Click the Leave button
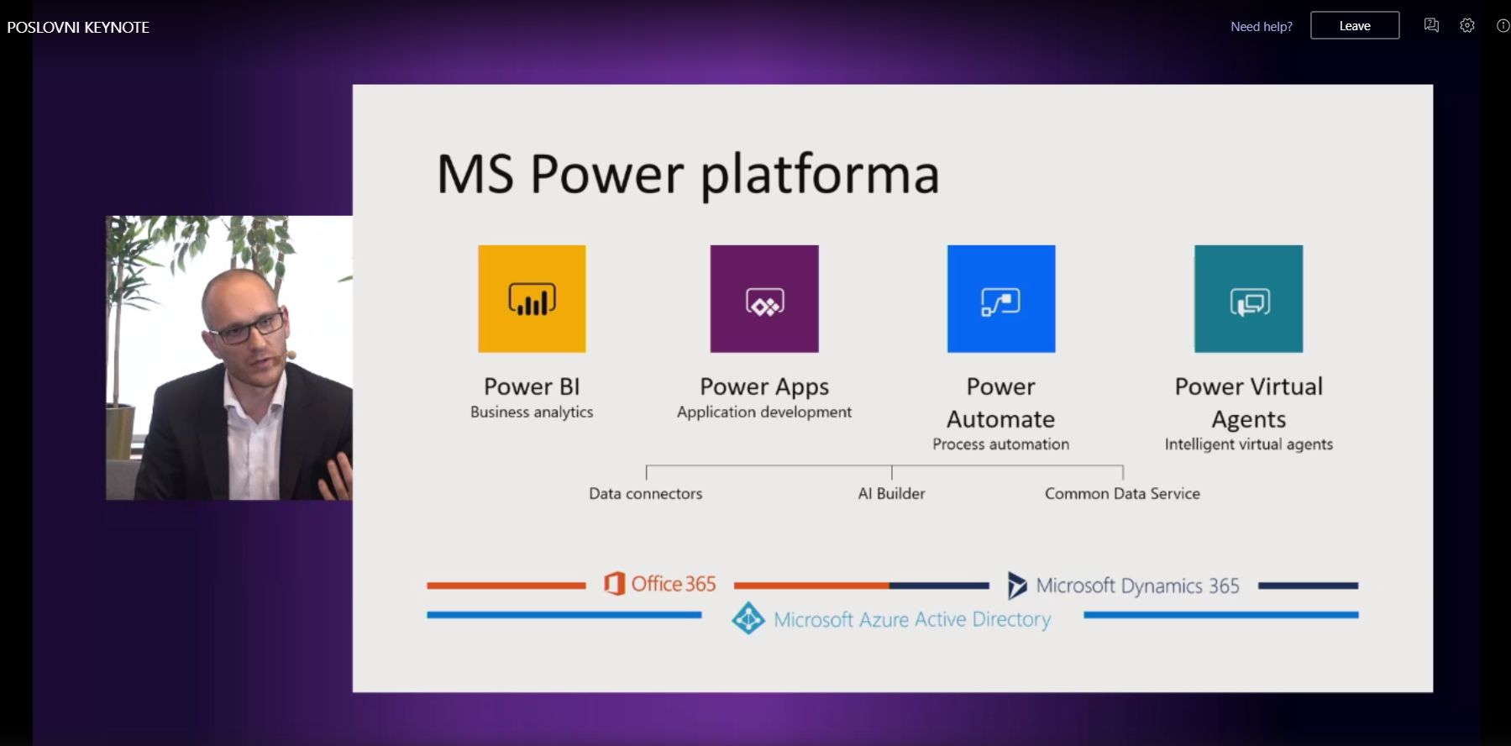click(x=1355, y=25)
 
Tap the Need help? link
click(x=1262, y=26)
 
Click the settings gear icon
click(x=1467, y=25)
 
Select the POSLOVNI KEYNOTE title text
click(x=78, y=27)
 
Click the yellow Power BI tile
click(x=532, y=298)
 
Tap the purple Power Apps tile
click(x=764, y=298)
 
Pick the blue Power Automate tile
click(x=1001, y=298)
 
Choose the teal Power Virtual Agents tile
click(x=1249, y=298)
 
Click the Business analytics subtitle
click(x=532, y=412)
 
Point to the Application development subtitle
click(x=764, y=412)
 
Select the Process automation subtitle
click(x=1001, y=444)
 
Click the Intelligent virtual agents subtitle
click(x=1249, y=444)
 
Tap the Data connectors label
click(x=646, y=493)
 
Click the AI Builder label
click(x=892, y=493)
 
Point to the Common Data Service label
click(x=1122, y=493)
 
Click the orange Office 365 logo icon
click(x=615, y=583)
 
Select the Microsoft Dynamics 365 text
click(x=1138, y=586)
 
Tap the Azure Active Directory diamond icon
click(x=748, y=618)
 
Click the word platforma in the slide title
click(x=820, y=175)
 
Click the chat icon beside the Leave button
click(x=1432, y=25)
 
